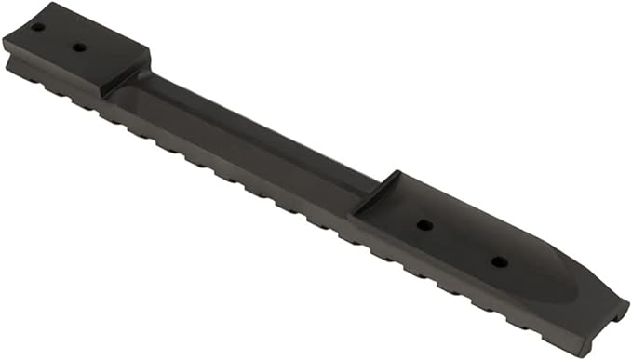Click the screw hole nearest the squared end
coord(37,27)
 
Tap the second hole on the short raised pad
coord(79,47)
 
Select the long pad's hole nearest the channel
coord(424,225)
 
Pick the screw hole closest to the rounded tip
coord(500,261)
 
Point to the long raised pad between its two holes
coord(462,243)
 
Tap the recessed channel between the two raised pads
coord(251,135)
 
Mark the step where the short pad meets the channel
coord(126,82)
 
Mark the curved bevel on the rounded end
coord(568,279)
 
